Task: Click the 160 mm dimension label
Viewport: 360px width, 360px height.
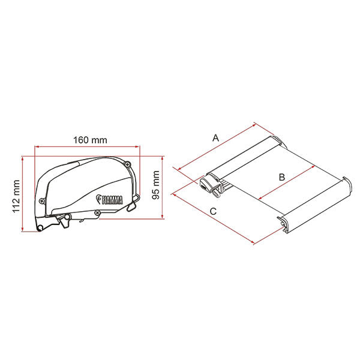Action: coord(90,140)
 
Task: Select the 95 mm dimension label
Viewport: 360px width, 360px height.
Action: coord(156,185)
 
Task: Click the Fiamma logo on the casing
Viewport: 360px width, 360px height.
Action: coord(109,199)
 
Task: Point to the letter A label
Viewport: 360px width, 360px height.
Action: coord(216,138)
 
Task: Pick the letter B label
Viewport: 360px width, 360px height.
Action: coord(282,177)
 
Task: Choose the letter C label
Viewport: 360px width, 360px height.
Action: coord(213,211)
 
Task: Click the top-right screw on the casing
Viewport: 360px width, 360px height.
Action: coord(127,164)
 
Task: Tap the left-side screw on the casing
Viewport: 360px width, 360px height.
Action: coord(43,201)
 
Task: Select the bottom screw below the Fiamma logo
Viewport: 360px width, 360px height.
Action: coord(97,212)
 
